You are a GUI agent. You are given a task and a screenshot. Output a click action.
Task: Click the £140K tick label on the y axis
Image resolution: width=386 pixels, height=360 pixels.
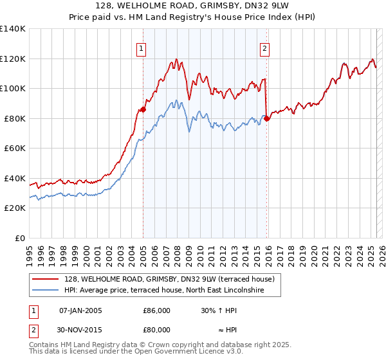point(13,29)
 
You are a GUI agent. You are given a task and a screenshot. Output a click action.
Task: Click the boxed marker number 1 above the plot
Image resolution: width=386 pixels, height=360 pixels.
point(141,47)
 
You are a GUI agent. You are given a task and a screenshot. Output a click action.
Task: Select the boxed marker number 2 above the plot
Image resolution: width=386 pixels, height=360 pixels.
point(265,47)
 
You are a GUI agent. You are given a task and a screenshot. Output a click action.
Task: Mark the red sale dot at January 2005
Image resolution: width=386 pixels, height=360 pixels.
point(143,109)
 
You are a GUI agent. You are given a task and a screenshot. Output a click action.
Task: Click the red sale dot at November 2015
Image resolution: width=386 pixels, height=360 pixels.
point(267,118)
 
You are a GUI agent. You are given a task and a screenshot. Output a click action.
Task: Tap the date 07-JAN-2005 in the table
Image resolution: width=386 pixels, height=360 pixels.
point(80,310)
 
